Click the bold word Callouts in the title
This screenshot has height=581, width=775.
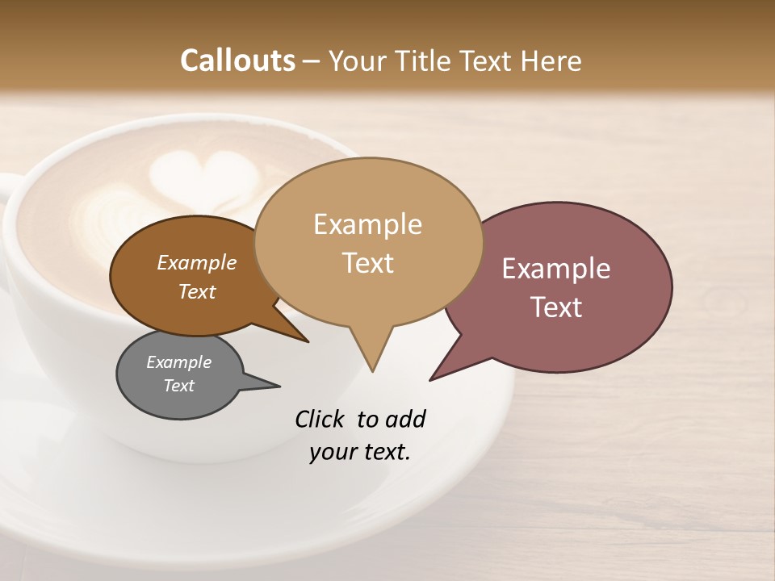click(237, 61)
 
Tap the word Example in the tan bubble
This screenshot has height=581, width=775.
click(367, 224)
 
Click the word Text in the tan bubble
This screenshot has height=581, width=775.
click(367, 262)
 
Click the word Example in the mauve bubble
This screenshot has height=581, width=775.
click(556, 269)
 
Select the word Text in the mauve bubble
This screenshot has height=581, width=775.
click(556, 307)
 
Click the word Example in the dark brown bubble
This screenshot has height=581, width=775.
click(196, 263)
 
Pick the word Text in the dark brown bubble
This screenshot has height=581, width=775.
click(196, 291)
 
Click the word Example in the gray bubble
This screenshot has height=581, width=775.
click(178, 362)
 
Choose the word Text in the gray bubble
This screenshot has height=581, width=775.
click(178, 386)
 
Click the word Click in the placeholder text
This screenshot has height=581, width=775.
click(320, 419)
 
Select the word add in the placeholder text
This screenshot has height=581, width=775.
click(405, 419)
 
